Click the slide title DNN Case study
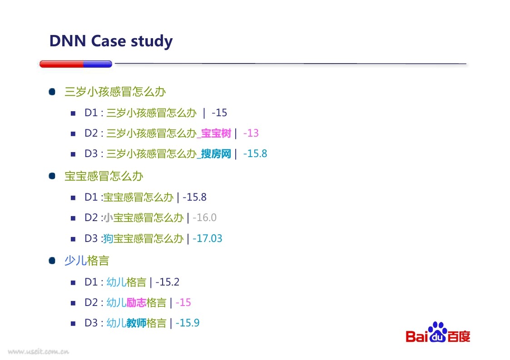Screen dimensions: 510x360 tap(111, 41)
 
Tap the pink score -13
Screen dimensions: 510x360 tap(251, 133)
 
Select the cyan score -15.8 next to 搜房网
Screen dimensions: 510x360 tap(255, 153)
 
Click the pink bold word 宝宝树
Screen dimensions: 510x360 tap(216, 133)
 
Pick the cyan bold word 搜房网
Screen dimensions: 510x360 tap(216, 154)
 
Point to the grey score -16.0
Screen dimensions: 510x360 tap(204, 217)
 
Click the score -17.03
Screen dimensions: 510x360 tap(207, 238)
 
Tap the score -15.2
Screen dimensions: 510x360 tap(167, 282)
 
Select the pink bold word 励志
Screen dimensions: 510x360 tap(136, 303)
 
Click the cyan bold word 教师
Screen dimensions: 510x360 tap(136, 323)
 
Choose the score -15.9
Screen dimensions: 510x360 tap(188, 323)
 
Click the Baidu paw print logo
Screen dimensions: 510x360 tap(437, 332)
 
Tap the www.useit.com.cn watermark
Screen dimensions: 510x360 tap(39, 351)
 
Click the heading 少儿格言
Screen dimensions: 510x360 tap(87, 261)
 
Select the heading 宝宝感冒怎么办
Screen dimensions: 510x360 tap(104, 176)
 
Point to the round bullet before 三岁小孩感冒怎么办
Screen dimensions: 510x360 tap(52, 92)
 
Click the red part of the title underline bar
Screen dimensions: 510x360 tap(61, 64)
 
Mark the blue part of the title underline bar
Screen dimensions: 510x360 tap(98, 64)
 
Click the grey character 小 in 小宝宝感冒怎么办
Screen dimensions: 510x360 tap(108, 217)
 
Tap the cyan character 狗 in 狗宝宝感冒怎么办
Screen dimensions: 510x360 tap(108, 238)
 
